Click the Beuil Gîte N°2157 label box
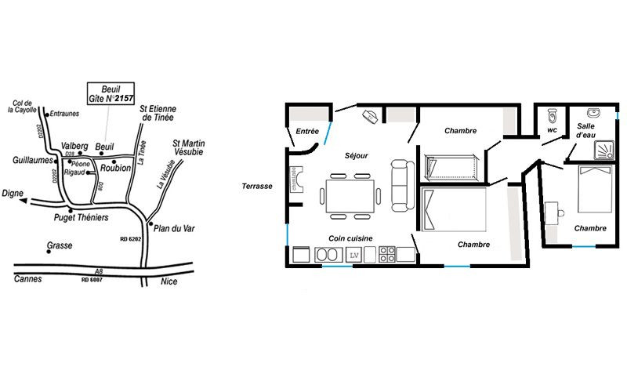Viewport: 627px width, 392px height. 111,93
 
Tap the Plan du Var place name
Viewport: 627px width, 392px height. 174,228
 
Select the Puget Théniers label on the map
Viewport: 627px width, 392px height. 82,218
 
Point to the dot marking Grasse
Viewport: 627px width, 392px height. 49,252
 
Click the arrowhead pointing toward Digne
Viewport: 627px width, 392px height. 24,201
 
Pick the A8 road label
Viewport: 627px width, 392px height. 99,271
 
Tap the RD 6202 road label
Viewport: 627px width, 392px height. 131,239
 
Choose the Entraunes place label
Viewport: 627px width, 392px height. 64,114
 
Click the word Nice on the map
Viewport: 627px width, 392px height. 169,281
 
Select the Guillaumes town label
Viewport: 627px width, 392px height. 33,161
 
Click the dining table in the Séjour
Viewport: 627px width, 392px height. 350,196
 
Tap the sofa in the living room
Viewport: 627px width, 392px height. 403,185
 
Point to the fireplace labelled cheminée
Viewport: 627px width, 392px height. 296,180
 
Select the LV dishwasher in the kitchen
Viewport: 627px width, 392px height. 353,255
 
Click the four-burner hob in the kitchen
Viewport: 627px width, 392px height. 386,254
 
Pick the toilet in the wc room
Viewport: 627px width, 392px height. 553,115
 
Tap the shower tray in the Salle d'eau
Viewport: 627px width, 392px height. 603,150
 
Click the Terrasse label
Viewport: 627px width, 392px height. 257,186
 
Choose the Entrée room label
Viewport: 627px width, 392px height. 307,131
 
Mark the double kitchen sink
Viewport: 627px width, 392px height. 328,255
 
